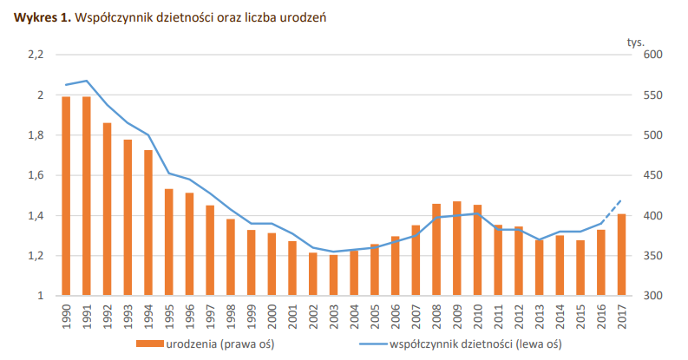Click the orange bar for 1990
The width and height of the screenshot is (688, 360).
coord(66,196)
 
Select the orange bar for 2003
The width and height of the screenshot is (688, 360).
coord(333,275)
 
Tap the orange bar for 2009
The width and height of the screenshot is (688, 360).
coord(456,249)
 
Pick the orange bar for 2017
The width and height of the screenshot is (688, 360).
coord(620,254)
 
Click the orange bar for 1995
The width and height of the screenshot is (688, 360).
coord(168,242)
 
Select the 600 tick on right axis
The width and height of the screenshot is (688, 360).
coord(652,55)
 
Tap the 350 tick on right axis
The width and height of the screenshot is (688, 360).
coord(652,256)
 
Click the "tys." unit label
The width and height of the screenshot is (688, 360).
coord(635,40)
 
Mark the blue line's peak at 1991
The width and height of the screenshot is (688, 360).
coord(87,81)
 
